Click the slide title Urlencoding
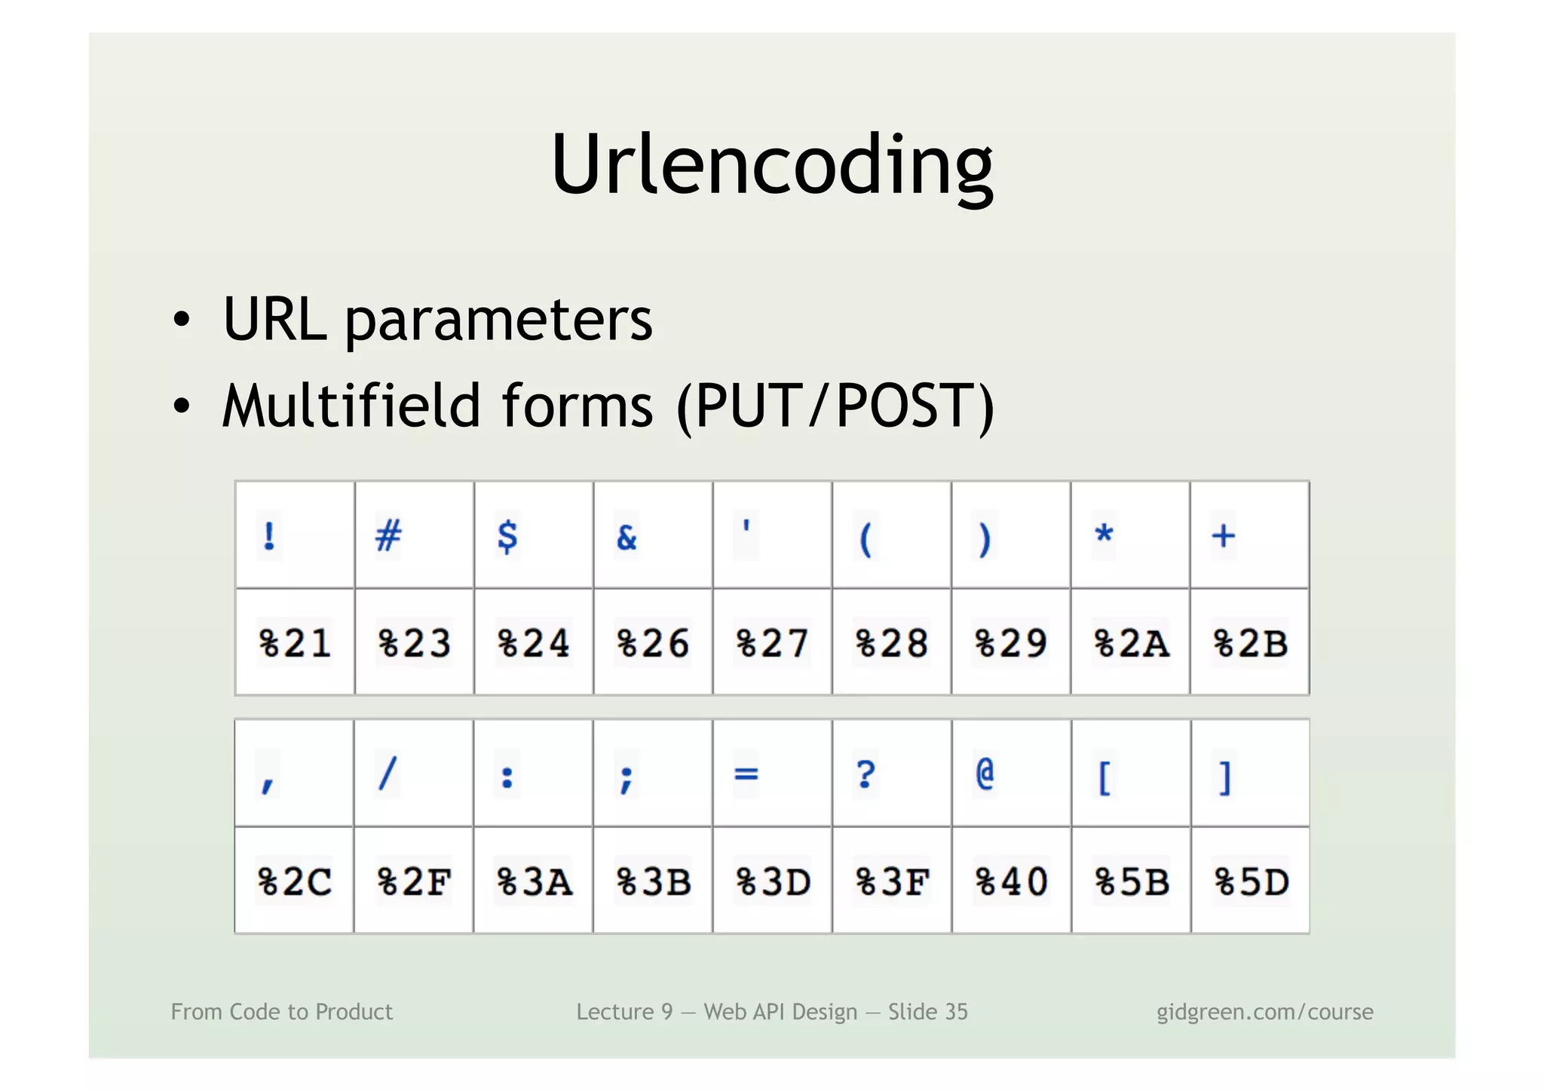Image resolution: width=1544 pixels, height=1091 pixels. pyautogui.click(x=771, y=164)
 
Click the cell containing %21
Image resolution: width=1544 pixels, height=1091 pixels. pyautogui.click(x=295, y=643)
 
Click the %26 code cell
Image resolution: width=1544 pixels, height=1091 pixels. pyautogui.click(x=653, y=643)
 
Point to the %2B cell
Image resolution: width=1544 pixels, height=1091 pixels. pyautogui.click(x=1250, y=643)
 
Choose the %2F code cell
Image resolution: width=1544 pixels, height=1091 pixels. pyautogui.click(x=414, y=881)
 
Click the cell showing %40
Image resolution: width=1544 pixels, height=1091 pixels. pyautogui.click(x=1011, y=881)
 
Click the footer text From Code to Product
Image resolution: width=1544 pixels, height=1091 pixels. pyautogui.click(x=282, y=1012)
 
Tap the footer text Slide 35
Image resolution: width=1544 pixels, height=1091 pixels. pyautogui.click(x=927, y=1012)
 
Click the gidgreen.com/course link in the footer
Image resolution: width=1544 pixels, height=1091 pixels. pyautogui.click(x=1264, y=1012)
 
